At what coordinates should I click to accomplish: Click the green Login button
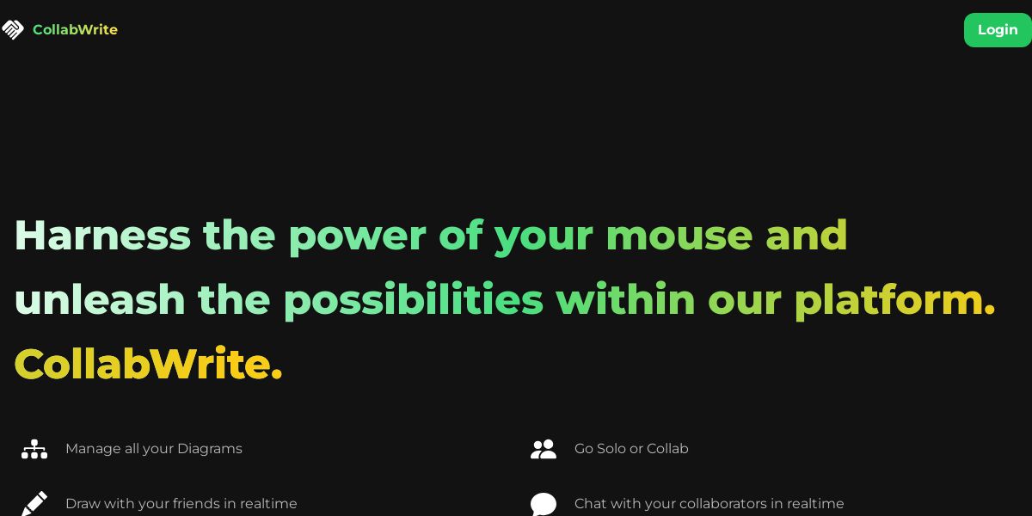(998, 30)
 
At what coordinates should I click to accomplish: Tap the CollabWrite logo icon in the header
(12, 29)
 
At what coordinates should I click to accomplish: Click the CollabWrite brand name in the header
(75, 29)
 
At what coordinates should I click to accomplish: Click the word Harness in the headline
(102, 236)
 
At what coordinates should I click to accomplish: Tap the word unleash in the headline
(100, 299)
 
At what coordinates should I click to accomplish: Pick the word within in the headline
(626, 299)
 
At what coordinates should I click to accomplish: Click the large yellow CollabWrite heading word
(148, 364)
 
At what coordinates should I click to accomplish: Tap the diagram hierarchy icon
(34, 449)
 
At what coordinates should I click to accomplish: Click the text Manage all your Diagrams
(154, 449)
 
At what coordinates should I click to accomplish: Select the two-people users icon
(544, 449)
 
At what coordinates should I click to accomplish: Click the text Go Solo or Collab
(631, 448)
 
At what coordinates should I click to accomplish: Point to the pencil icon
(34, 503)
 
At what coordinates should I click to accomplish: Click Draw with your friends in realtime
(181, 504)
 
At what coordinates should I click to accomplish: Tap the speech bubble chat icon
(544, 504)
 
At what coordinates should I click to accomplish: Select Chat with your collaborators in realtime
(709, 504)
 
